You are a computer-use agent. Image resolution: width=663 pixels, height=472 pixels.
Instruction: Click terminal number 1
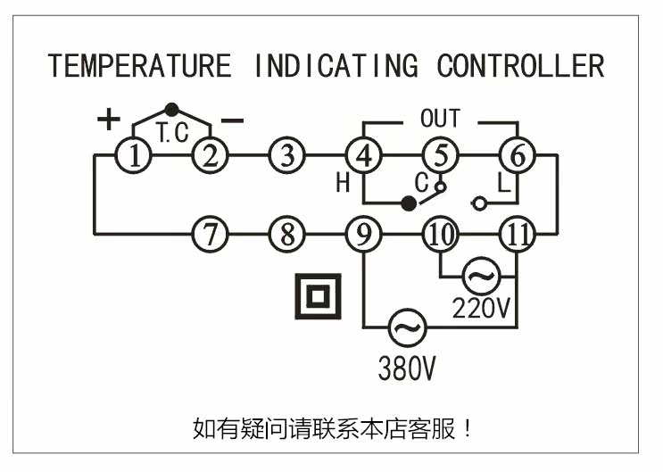coord(134,155)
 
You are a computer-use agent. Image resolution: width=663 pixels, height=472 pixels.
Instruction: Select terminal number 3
coord(286,155)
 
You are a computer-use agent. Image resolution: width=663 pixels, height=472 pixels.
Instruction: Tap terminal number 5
coord(439,155)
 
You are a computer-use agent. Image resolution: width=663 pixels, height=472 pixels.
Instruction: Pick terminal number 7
coord(211,236)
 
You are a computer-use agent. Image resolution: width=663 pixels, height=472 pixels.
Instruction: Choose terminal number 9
coord(363,236)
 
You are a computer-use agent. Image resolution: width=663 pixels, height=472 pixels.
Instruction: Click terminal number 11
coord(517,236)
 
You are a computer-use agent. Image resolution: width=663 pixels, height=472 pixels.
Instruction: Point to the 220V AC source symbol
coord(480,277)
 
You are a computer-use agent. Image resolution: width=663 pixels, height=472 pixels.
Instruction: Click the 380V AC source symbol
coord(406,328)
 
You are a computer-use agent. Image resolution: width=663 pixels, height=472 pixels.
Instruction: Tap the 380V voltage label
coord(406,368)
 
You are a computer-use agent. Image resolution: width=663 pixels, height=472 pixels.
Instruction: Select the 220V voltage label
coord(481,309)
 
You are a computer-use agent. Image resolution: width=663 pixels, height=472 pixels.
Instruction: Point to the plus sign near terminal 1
coord(108,119)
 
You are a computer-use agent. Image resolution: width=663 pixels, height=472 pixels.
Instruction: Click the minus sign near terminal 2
coord(232,120)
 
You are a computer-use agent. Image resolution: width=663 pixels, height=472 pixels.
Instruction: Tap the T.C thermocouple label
coord(172,134)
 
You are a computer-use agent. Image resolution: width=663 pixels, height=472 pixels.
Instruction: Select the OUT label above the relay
coord(440,118)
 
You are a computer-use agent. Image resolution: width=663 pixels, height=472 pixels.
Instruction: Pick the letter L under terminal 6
coord(503,184)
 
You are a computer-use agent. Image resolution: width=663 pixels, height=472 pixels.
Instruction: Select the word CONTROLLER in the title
coord(520,66)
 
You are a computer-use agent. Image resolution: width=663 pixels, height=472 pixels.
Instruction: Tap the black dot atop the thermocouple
coord(172,109)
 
